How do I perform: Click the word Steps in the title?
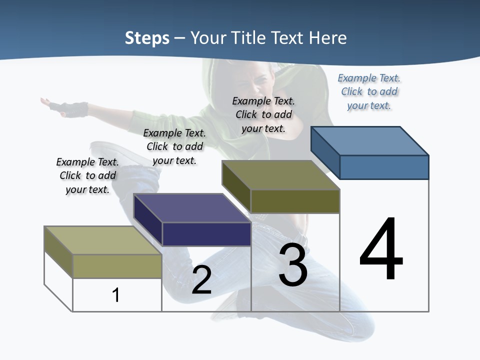pos(147,38)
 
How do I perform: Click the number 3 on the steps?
pos(293,265)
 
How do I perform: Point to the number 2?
pos(201,280)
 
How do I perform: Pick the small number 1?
pos(116,295)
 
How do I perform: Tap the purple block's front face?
pos(206,234)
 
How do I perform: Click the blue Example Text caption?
pos(369,91)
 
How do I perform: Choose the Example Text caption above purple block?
pos(174,146)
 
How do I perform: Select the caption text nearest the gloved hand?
pos(87,175)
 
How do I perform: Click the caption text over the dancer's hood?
pos(263,114)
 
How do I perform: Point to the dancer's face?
pos(257,80)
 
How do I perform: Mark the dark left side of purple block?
pos(148,220)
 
